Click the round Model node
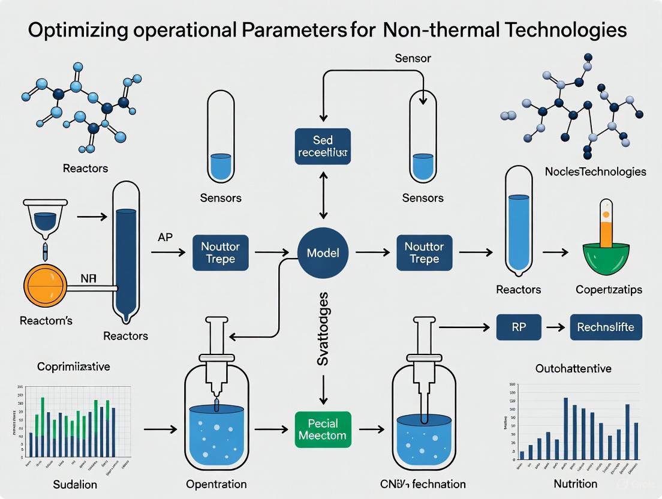click(x=323, y=252)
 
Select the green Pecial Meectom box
click(x=322, y=429)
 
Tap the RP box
click(x=519, y=328)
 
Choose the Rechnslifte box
click(x=606, y=328)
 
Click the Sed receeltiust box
click(x=323, y=147)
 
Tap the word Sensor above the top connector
click(x=413, y=59)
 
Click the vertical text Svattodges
click(x=323, y=329)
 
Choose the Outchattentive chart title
click(x=573, y=368)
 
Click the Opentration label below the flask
click(x=216, y=483)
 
